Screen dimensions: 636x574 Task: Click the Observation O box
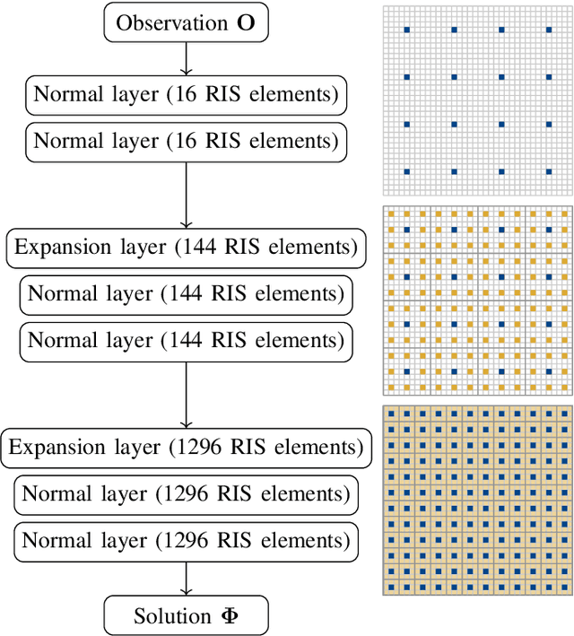186,23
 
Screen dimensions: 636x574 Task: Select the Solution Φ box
186,615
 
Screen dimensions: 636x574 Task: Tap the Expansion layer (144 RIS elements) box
186,248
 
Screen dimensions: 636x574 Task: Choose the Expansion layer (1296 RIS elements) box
186,447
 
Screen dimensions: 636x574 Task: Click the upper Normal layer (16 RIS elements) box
186,94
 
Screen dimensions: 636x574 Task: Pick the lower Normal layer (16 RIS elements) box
186,142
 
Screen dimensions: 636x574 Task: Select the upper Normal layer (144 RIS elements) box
186,293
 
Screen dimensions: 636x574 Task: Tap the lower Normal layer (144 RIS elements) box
186,341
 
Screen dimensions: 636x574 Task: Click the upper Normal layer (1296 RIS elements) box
186,493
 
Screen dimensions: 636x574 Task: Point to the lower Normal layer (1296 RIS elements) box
186,541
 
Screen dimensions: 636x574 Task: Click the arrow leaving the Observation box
186,57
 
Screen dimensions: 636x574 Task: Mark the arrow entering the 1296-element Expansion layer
186,394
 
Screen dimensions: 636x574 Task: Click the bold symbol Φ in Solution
230,616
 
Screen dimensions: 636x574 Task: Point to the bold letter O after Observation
246,23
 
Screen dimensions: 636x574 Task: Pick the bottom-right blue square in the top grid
548,171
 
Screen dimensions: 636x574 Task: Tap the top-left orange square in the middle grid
390,213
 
